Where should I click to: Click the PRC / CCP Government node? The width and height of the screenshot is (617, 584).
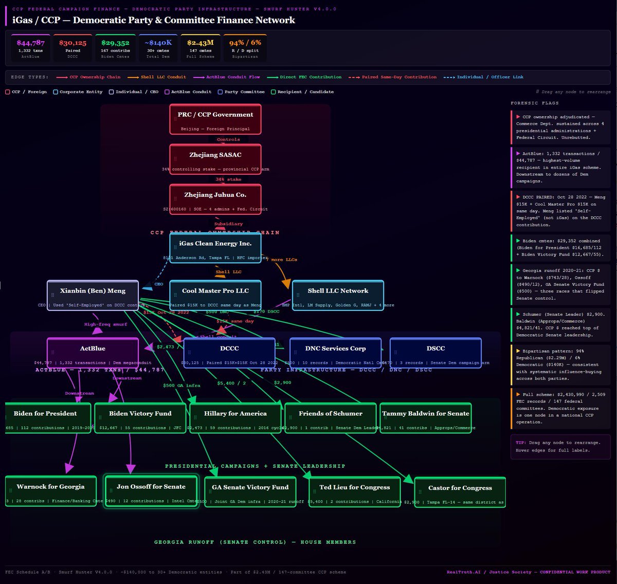(x=215, y=119)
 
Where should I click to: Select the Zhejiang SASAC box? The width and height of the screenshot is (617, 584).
(x=215, y=159)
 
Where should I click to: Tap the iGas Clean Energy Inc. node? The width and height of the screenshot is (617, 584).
(x=215, y=248)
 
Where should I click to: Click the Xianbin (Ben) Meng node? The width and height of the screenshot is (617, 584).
(x=93, y=295)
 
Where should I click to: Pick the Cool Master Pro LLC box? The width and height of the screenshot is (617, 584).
(x=215, y=295)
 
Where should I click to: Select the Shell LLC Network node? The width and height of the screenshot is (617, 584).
(x=338, y=295)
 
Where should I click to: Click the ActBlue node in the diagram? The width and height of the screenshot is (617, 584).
(x=93, y=353)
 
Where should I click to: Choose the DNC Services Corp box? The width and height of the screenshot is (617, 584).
(x=335, y=353)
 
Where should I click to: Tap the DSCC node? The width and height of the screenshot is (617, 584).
(x=435, y=353)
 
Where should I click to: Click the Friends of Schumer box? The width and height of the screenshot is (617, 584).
(x=331, y=418)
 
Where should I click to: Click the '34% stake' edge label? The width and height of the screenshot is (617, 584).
(x=228, y=179)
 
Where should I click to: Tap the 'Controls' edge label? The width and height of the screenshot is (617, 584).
(x=228, y=139)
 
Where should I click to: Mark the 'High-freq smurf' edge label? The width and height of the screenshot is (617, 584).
(x=105, y=324)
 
